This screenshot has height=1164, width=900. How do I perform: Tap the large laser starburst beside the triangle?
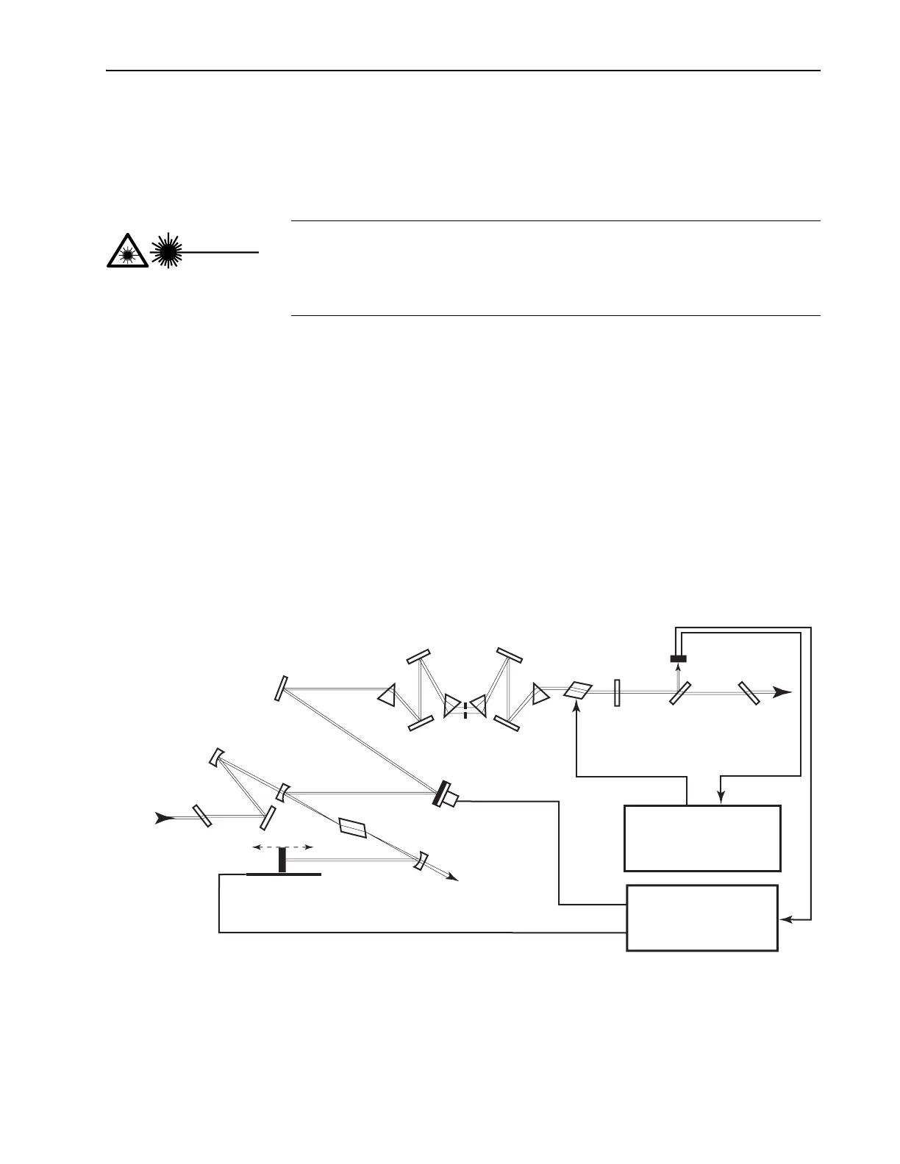click(x=168, y=251)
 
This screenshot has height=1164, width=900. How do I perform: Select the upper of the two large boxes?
click(x=702, y=838)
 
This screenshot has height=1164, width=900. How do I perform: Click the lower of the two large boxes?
click(x=702, y=918)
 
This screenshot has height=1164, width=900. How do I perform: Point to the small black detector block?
click(x=678, y=658)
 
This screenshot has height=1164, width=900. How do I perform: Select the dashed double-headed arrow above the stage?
click(x=283, y=847)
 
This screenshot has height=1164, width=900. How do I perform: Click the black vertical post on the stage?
click(x=282, y=861)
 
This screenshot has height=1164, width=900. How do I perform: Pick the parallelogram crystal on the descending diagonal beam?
click(x=353, y=827)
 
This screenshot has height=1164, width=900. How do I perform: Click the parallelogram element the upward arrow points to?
click(x=578, y=690)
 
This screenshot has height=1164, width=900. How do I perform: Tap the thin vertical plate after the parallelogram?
click(x=617, y=692)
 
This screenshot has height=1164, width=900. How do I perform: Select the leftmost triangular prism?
click(x=387, y=694)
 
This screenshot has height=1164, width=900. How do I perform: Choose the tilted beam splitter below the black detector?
click(x=679, y=693)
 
